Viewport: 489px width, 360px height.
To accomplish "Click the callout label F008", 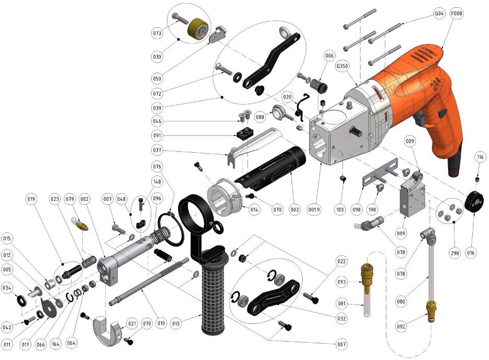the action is point(457,14).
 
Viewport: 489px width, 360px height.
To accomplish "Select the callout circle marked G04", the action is point(439,14).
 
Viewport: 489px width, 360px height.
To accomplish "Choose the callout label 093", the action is point(342,282).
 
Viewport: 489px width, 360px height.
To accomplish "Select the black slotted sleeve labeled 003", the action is point(270,168).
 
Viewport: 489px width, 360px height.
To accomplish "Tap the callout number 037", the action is point(157,150).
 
